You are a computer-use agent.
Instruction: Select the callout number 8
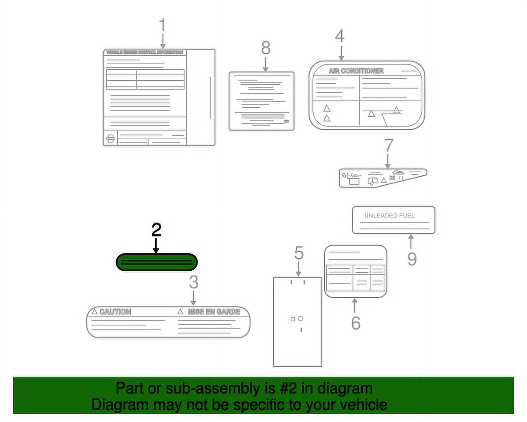coord(266,48)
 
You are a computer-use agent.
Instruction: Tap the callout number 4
coord(340,36)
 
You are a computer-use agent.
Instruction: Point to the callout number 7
coord(389,145)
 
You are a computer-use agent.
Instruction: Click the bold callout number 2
coord(156,230)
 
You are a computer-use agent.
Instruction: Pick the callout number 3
coord(194,282)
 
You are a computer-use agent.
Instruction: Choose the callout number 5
coord(299,253)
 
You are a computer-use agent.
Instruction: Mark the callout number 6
coord(356,323)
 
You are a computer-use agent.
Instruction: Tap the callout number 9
coord(412,259)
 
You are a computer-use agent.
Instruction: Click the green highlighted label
coord(156,263)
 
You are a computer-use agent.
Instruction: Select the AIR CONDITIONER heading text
coord(356,71)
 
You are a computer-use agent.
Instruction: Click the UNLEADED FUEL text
coord(389,216)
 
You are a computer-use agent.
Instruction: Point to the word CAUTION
coord(115,312)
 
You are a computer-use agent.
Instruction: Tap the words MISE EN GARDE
coord(214,312)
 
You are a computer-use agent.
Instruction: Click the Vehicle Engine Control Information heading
coord(145,52)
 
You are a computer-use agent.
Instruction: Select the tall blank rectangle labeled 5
coord(297,321)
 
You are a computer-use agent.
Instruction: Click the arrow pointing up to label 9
coord(410,241)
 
